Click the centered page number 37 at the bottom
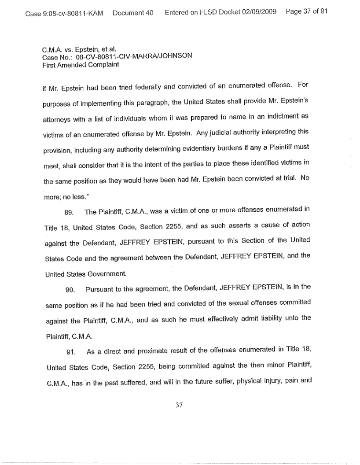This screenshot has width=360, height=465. tap(179, 405)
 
